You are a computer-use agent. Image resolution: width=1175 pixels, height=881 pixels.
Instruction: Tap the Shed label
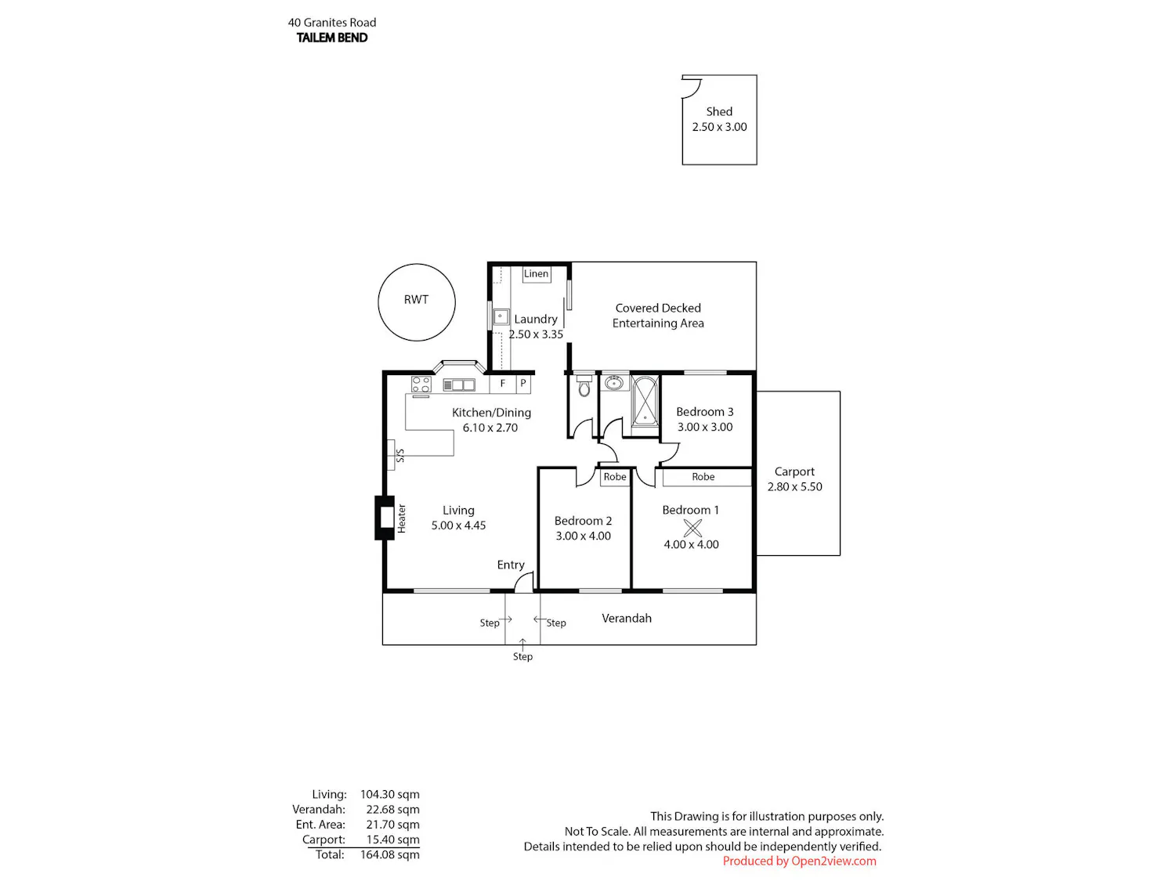tap(719, 112)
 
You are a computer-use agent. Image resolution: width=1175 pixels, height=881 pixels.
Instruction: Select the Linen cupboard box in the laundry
tap(537, 274)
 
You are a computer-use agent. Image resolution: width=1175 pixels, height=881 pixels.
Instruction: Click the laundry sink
tap(501, 316)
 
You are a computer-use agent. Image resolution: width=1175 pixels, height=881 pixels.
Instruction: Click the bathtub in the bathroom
tap(645, 401)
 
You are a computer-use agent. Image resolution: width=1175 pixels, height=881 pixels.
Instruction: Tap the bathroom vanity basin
tap(615, 383)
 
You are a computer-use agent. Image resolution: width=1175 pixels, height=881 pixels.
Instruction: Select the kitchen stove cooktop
tap(421, 384)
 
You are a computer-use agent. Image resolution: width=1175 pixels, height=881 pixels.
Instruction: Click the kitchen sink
tap(459, 385)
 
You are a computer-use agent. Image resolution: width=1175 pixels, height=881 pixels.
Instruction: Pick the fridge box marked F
tap(503, 384)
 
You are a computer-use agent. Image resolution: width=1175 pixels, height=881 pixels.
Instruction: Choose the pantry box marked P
tap(523, 384)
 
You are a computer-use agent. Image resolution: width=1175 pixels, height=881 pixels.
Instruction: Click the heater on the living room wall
tap(385, 518)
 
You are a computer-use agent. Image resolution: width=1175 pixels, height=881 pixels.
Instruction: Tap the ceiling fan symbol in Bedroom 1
tap(692, 528)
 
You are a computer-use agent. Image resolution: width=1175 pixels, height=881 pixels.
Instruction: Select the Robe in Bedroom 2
tap(615, 477)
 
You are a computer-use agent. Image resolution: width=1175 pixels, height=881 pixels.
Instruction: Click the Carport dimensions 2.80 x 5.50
tap(794, 487)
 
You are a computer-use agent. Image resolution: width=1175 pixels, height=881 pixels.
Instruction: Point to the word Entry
tap(511, 565)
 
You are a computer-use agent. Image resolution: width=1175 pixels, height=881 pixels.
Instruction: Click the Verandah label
tap(627, 619)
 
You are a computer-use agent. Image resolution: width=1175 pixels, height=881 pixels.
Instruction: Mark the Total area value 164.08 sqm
tap(389, 855)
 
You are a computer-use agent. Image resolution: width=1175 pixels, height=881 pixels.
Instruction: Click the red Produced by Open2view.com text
tap(799, 861)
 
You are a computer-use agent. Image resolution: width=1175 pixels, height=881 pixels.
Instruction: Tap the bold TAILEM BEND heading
tap(332, 38)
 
